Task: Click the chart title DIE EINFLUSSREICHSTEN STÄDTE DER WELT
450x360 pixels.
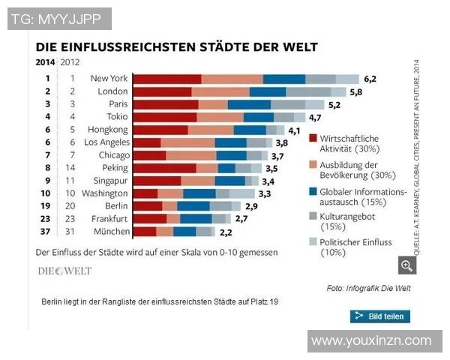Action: tap(176, 46)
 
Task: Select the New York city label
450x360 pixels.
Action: tap(109, 78)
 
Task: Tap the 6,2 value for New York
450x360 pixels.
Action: tap(370, 78)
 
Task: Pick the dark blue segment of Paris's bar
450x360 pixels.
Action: tap(249, 104)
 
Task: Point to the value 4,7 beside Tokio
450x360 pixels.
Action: tap(315, 117)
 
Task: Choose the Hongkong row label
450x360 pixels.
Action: tap(105, 130)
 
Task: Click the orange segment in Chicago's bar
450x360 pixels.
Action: tap(190, 155)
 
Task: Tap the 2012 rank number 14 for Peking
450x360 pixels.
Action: tap(73, 168)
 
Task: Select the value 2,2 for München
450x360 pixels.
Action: tap(226, 232)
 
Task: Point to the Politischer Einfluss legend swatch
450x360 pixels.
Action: tap(312, 241)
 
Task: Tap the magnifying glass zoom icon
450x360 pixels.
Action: tap(407, 265)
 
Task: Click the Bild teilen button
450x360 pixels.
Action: tap(379, 316)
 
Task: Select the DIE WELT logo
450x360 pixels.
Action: tap(64, 271)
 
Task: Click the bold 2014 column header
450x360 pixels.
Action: tap(46, 62)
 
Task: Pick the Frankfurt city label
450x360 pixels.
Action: tap(108, 219)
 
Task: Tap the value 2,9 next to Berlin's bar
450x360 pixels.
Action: tap(251, 206)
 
